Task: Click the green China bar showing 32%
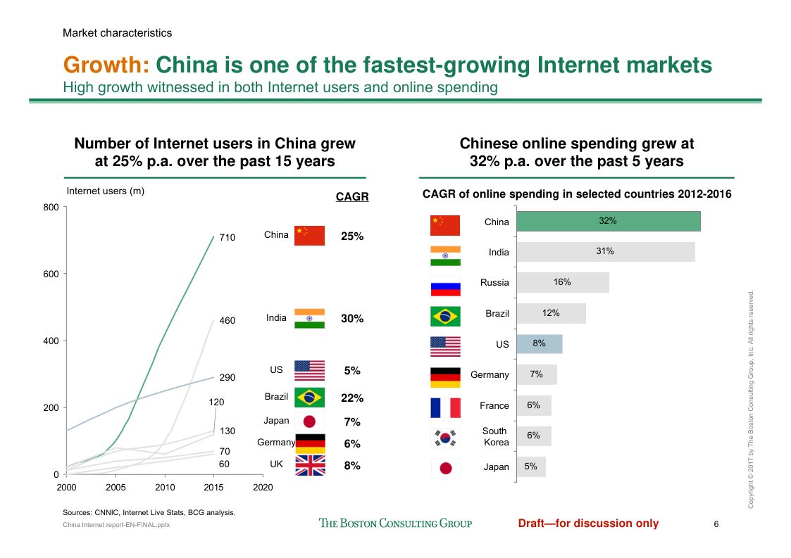click(609, 221)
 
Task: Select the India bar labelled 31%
click(606, 252)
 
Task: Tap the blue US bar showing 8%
click(540, 344)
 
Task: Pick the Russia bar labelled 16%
click(563, 282)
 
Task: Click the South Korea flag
click(445, 437)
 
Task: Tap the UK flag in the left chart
click(309, 465)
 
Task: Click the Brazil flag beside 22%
click(309, 398)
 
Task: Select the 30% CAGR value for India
click(352, 319)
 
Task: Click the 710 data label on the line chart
click(227, 238)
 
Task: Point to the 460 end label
click(227, 321)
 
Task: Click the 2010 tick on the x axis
click(165, 487)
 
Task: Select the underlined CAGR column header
click(352, 197)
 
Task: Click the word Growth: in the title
click(106, 65)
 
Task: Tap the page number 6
click(716, 524)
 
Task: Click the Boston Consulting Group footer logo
click(395, 523)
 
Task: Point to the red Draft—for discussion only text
click(588, 523)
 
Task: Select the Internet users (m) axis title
click(105, 191)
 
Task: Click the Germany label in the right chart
click(490, 375)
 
